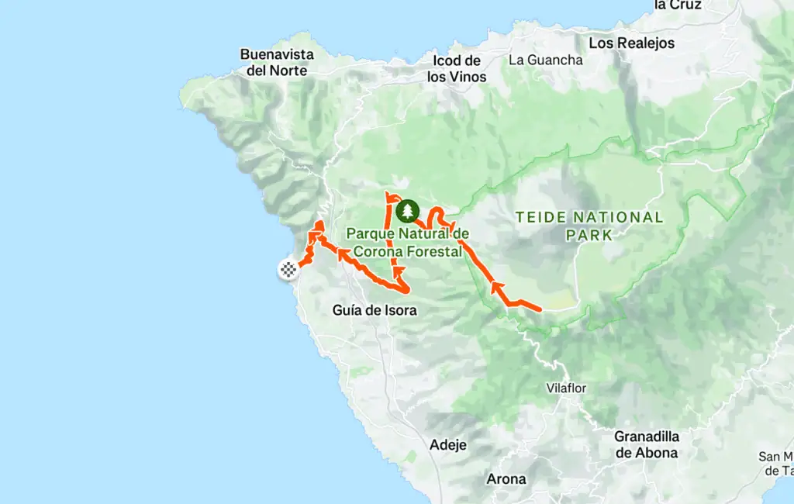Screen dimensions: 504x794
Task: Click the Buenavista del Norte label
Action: pyautogui.click(x=277, y=62)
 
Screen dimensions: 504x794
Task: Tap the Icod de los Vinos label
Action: pyautogui.click(x=457, y=69)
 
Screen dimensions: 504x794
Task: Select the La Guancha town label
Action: pyautogui.click(x=545, y=60)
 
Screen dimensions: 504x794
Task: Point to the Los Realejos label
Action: pyautogui.click(x=631, y=43)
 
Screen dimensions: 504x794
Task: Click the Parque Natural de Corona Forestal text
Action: pyautogui.click(x=408, y=242)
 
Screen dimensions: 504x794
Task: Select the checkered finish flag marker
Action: pyautogui.click(x=288, y=270)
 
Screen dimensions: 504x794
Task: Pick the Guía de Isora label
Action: pyautogui.click(x=375, y=310)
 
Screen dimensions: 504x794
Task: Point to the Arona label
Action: pyautogui.click(x=506, y=478)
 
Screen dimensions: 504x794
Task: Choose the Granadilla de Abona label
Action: pyautogui.click(x=646, y=444)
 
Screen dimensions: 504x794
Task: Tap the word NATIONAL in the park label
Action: pyautogui.click(x=612, y=217)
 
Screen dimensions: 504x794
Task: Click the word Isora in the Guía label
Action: pyautogui.click(x=400, y=310)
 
